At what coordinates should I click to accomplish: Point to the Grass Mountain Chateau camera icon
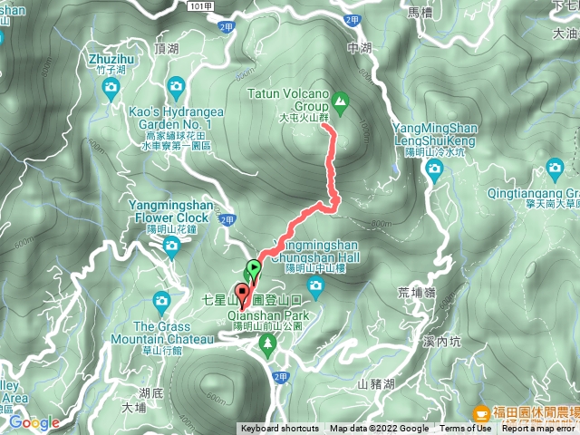(x=161, y=300)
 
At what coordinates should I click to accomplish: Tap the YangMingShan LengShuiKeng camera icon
(x=433, y=173)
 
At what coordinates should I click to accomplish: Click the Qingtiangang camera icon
(x=556, y=168)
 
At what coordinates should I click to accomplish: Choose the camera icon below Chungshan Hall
(x=315, y=287)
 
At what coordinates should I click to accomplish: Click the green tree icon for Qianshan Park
(x=266, y=342)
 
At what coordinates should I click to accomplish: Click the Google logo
(x=34, y=422)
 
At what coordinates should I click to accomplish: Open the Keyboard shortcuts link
(x=280, y=429)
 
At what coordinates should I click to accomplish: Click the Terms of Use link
(x=466, y=429)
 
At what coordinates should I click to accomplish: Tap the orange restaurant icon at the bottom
(x=479, y=411)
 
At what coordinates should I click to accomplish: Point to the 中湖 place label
(x=360, y=48)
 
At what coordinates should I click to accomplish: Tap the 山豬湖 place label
(x=376, y=384)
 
